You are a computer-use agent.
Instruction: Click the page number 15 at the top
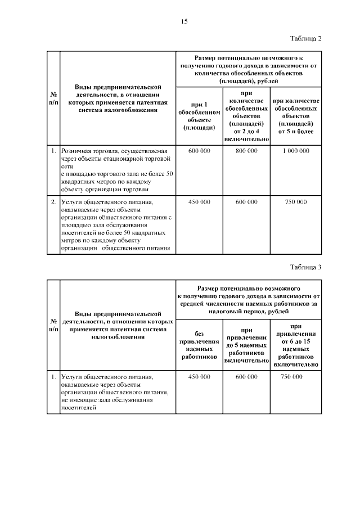point(183,21)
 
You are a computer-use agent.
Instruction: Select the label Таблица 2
point(305,39)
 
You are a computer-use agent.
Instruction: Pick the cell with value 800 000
point(246,151)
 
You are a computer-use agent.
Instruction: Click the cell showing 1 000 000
point(296,151)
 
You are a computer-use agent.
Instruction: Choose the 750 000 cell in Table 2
point(296,201)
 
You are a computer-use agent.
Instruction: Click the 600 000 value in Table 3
point(246,376)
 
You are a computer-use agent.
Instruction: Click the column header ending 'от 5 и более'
point(296,116)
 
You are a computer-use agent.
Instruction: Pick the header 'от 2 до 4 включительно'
point(246,116)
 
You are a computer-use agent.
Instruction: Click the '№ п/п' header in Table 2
point(52,98)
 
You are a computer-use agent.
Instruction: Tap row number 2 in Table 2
point(52,201)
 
